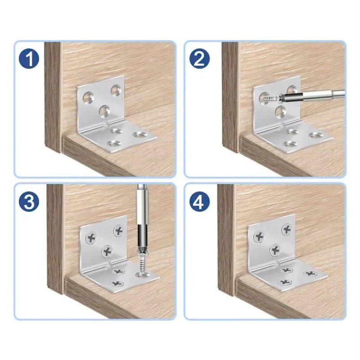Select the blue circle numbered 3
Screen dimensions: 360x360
[x=29, y=202]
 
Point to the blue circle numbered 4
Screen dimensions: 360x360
[x=199, y=202]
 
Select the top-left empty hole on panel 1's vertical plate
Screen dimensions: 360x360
[x=88, y=97]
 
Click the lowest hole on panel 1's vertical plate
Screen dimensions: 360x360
[x=104, y=110]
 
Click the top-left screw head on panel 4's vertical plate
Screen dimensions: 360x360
[x=259, y=236]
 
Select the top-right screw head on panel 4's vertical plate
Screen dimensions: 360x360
[x=286, y=229]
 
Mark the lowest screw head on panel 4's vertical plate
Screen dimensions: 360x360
[x=275, y=250]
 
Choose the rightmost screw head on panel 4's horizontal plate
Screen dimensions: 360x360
[x=310, y=274]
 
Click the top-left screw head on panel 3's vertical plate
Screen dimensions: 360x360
[x=91, y=238]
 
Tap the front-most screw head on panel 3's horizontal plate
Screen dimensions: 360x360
[x=117, y=283]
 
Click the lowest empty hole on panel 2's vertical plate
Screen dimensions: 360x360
[x=280, y=111]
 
